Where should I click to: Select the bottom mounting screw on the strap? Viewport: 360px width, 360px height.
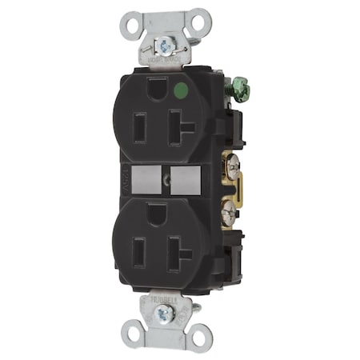click(165, 314)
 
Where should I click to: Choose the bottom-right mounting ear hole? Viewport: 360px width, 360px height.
click(197, 338)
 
